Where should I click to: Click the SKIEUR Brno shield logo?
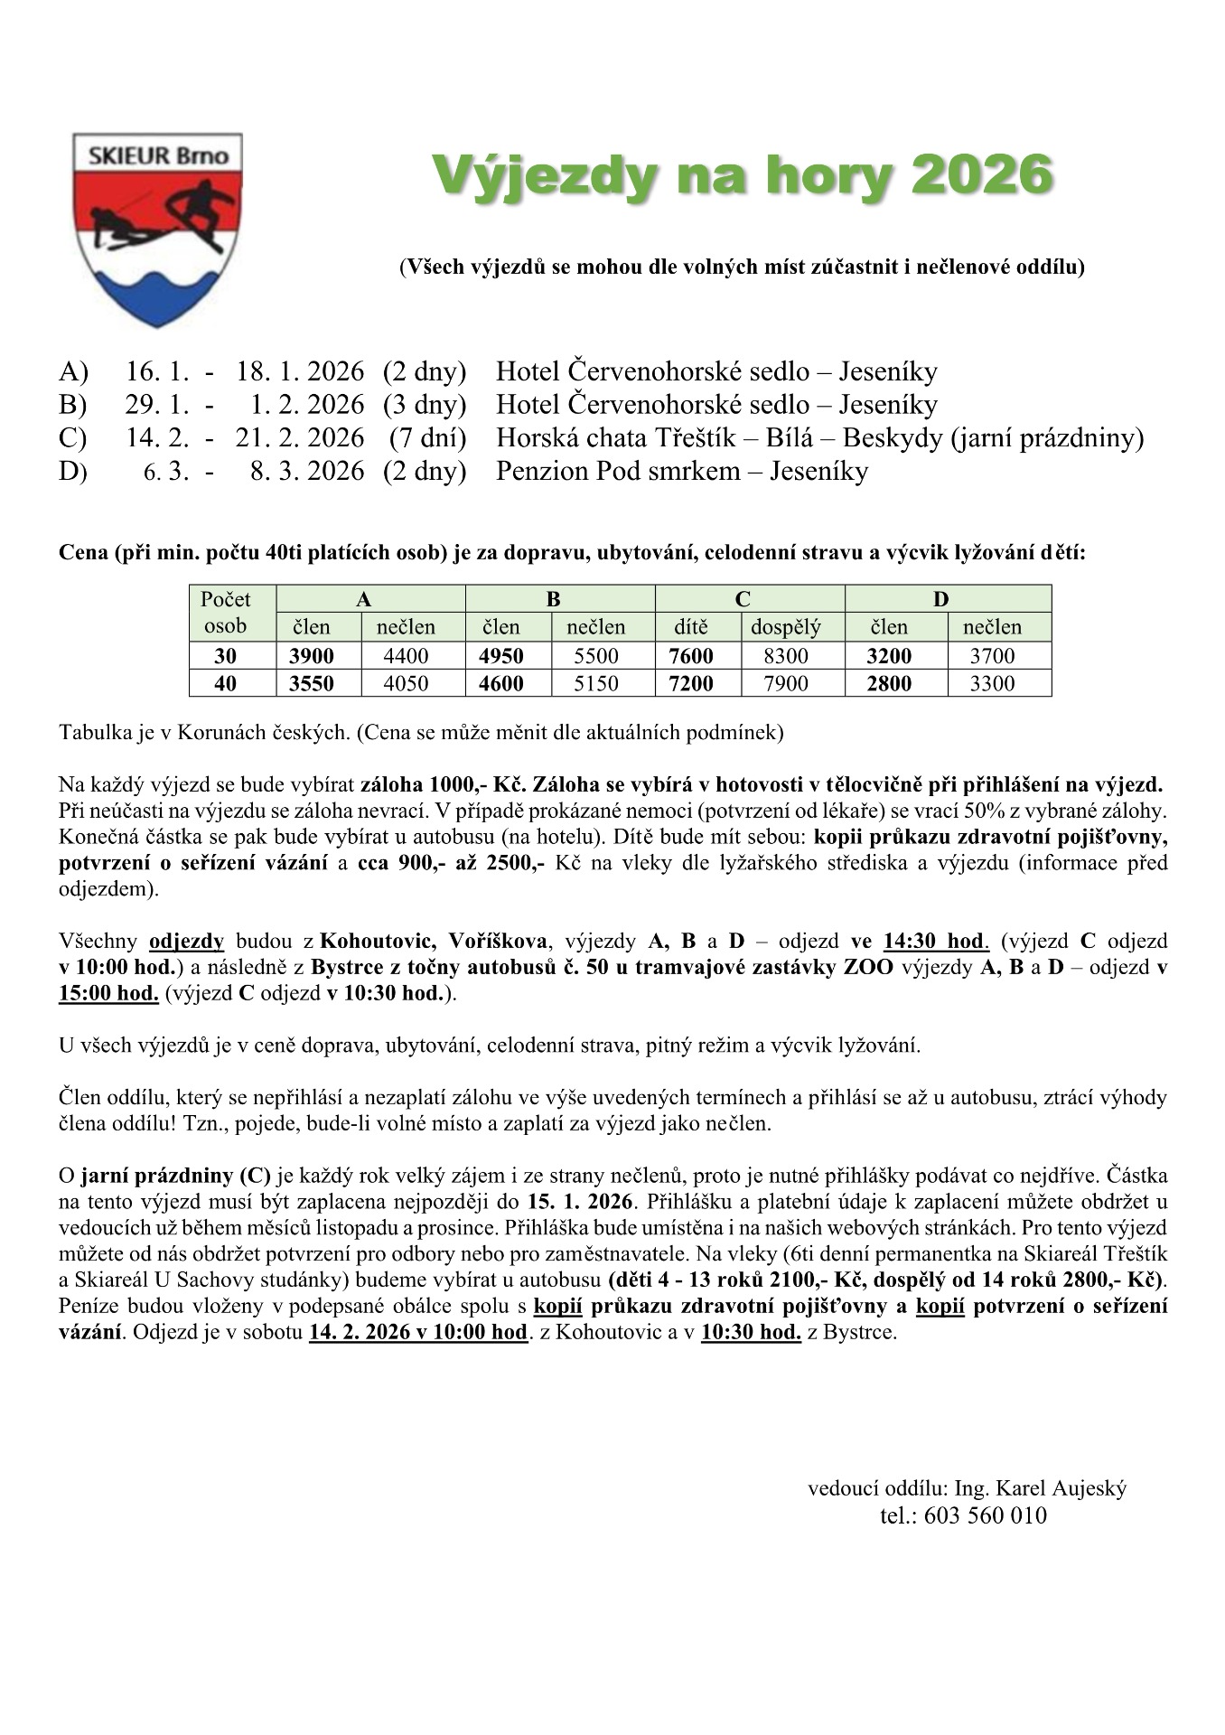click(157, 230)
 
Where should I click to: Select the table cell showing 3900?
click(312, 656)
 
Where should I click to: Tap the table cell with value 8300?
click(785, 656)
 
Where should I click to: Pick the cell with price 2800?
click(889, 683)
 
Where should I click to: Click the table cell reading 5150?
click(596, 683)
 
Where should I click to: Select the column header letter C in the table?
click(743, 599)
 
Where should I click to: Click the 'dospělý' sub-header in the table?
click(785, 627)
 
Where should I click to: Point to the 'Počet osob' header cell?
click(226, 613)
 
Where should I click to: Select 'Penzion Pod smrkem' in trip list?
click(617, 471)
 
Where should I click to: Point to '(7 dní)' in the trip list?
click(427, 438)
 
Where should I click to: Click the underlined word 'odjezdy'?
click(186, 941)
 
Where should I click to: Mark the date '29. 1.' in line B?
click(157, 405)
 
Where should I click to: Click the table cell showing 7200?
click(691, 683)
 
